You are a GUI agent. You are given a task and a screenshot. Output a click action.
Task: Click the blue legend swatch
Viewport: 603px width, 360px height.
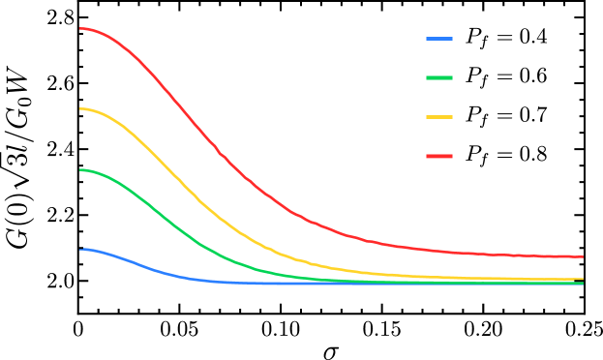click(439, 39)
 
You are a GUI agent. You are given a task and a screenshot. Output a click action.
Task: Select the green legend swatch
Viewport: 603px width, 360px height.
click(439, 77)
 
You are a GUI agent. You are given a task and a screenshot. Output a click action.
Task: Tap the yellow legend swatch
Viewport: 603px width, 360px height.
click(439, 117)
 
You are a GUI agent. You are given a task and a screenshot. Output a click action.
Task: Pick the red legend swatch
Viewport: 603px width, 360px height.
click(439, 156)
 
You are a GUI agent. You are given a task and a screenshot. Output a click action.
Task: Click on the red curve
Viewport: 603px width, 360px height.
click(194, 124)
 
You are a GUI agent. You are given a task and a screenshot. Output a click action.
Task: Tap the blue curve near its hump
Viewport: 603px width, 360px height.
click(97, 251)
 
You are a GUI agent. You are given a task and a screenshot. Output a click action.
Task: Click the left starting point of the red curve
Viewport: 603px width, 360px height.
click(80, 29)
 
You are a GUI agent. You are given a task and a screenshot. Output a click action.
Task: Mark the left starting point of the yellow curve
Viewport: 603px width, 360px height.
click(80, 109)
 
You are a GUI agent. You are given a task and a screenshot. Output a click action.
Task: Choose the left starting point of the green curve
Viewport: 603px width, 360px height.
click(80, 170)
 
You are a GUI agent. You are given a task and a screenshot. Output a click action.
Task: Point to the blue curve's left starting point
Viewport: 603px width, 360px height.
click(80, 250)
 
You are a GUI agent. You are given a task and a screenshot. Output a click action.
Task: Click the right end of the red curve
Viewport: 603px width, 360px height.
click(583, 256)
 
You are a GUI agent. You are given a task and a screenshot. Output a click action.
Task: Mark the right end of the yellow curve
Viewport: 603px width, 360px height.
click(583, 279)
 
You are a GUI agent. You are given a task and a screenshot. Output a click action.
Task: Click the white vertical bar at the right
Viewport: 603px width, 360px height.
click(587, 273)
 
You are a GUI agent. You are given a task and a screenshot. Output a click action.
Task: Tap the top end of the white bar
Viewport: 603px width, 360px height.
click(587, 249)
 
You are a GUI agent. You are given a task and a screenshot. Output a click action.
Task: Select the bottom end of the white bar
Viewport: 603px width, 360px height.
click(587, 298)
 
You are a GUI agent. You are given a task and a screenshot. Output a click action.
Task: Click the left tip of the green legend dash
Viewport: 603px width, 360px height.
click(427, 77)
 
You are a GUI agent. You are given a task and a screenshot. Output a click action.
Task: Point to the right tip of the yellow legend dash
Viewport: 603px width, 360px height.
click(452, 117)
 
